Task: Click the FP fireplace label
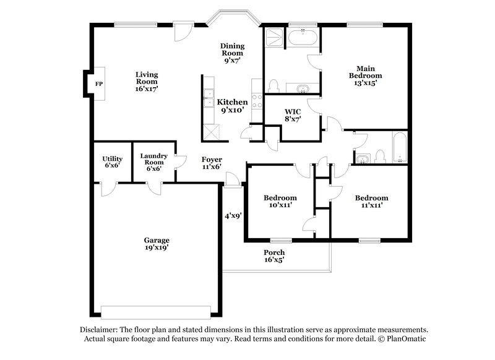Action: (98, 84)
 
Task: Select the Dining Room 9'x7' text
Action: (233, 53)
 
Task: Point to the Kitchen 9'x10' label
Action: (232, 106)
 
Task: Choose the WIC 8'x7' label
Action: (292, 116)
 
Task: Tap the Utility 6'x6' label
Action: (112, 162)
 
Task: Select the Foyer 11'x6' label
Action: (212, 163)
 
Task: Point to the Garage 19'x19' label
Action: (157, 244)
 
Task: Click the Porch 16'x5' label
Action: (274, 256)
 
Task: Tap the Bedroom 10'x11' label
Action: (280, 202)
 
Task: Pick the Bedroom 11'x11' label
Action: (371, 202)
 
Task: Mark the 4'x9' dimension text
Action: (233, 216)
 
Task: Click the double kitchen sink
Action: (209, 98)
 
